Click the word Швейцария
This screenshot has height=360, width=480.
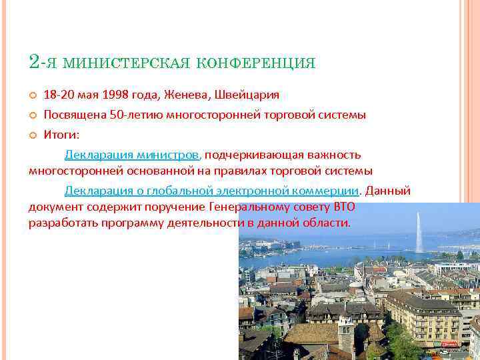click(247, 95)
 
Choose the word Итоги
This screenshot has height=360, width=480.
click(61, 135)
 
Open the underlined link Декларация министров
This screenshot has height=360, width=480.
click(132, 155)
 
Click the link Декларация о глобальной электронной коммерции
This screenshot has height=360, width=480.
click(212, 191)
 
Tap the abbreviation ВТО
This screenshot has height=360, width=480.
click(344, 207)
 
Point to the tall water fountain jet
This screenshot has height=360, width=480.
click(419, 233)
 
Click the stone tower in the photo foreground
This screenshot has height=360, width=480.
click(345, 337)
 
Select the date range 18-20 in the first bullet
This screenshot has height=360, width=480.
click(58, 95)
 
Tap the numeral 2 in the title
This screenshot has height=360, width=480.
click(35, 61)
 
